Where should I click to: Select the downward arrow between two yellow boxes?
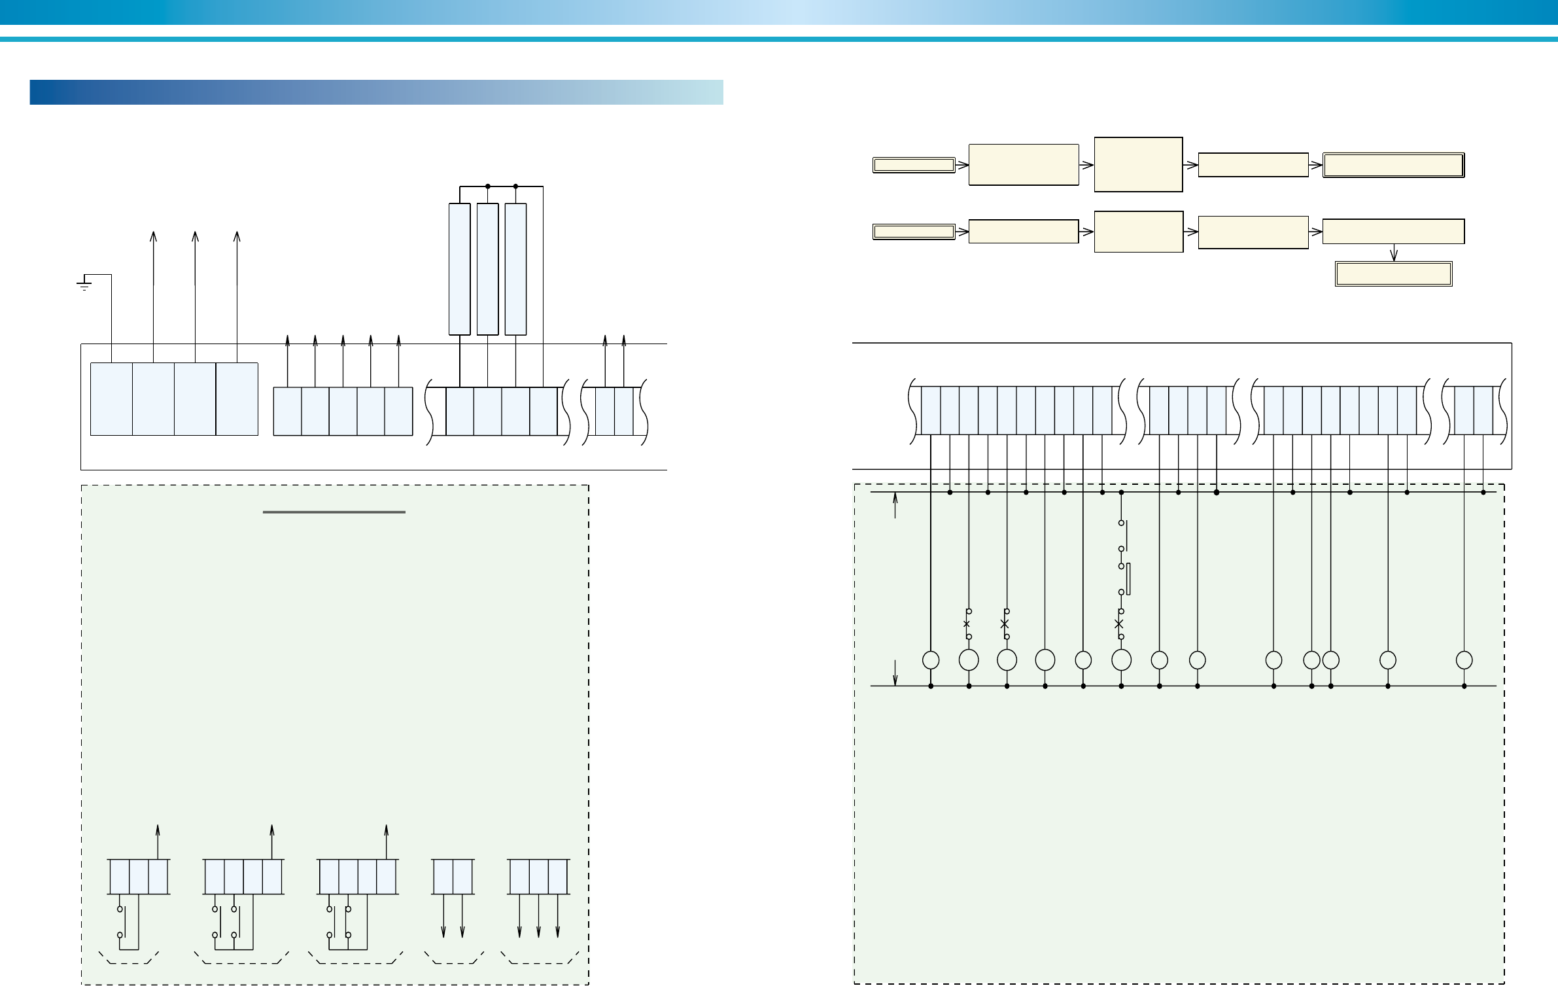[1394, 253]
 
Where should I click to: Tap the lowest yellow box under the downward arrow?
[1393, 274]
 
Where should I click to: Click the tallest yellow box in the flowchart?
[1138, 164]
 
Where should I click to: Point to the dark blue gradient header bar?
[376, 92]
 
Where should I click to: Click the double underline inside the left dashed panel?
[334, 512]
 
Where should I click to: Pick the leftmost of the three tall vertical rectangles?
[459, 268]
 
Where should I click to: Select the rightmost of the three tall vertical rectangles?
[515, 268]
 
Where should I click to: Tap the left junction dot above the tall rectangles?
[488, 186]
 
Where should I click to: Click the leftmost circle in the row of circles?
[931, 660]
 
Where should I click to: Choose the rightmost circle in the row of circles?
[1464, 660]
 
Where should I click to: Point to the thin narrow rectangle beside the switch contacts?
[1129, 578]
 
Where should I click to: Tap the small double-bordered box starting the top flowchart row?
[914, 165]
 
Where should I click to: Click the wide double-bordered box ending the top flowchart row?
[1393, 166]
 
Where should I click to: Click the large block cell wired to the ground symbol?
[111, 398]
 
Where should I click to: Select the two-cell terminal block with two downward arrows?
[453, 876]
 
